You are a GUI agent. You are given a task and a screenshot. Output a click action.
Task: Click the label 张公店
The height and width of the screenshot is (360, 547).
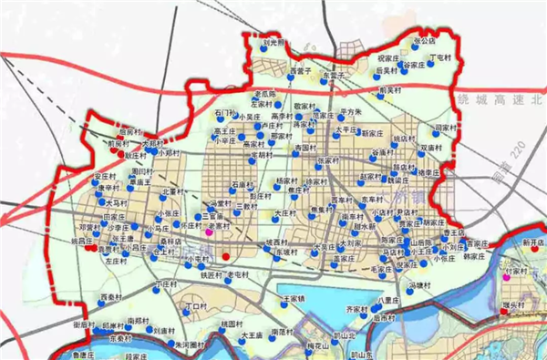[x=425, y=41]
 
